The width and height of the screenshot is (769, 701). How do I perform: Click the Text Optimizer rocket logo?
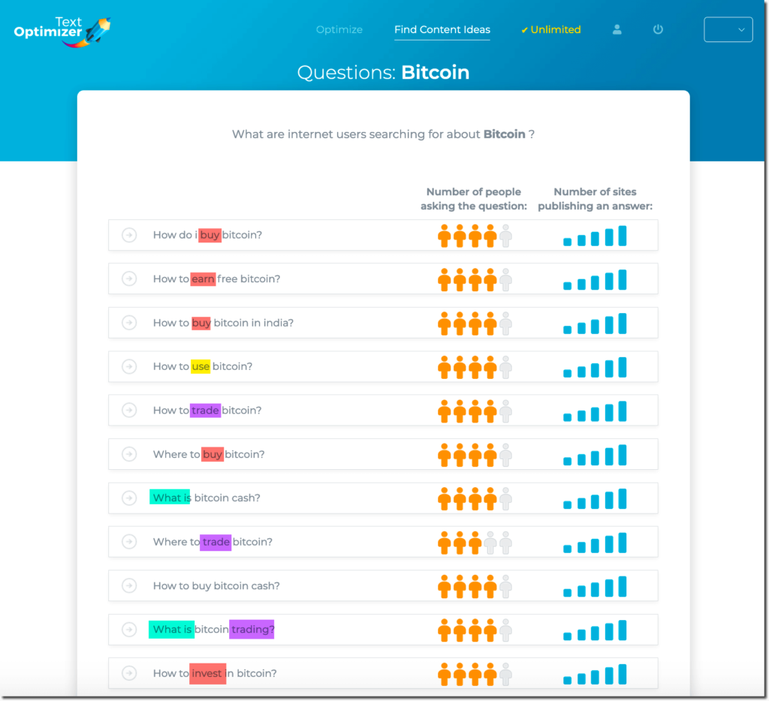tap(62, 31)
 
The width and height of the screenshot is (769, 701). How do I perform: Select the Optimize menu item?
tap(339, 30)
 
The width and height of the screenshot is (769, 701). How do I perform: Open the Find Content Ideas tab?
tap(442, 30)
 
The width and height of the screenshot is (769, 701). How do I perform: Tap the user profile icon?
tap(617, 30)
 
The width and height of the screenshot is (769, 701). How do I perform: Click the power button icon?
tap(658, 30)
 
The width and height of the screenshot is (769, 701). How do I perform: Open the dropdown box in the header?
tap(728, 30)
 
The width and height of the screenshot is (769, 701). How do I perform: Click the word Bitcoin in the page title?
tap(435, 73)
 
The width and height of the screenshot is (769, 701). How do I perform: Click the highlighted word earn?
tap(203, 279)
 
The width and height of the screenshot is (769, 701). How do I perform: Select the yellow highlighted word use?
tap(201, 367)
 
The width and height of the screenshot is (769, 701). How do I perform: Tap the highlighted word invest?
tap(207, 674)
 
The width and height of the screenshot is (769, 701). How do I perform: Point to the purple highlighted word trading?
tap(252, 630)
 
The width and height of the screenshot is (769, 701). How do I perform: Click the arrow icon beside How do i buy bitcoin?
tap(129, 236)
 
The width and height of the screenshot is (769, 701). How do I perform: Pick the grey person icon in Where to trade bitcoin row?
tap(490, 542)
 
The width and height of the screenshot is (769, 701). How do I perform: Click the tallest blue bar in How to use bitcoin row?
tap(622, 367)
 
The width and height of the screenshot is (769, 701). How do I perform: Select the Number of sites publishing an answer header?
tap(596, 199)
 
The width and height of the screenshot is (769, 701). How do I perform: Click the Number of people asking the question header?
tap(473, 199)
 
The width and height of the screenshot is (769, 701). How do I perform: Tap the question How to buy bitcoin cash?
tap(216, 586)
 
